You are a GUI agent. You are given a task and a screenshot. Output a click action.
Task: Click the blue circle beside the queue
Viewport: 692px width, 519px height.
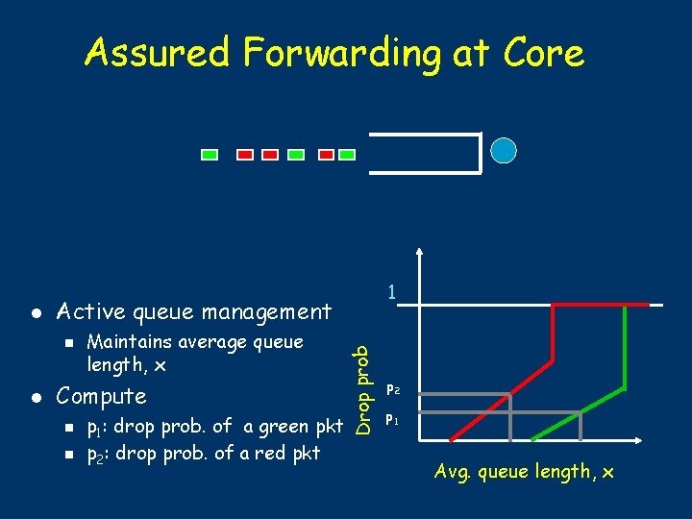pos(504,151)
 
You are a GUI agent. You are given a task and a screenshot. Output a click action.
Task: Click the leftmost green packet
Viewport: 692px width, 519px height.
pos(210,153)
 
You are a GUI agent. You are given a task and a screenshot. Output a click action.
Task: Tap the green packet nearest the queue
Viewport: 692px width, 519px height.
pos(347,153)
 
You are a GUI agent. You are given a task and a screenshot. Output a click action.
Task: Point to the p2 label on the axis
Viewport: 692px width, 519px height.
pos(392,390)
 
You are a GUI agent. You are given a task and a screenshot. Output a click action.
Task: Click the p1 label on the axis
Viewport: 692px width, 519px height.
pos(392,420)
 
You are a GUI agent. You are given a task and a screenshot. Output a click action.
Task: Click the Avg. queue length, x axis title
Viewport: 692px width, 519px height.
pos(524,471)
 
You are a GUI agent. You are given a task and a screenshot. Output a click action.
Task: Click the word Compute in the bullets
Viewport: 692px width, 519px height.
pos(101,396)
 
